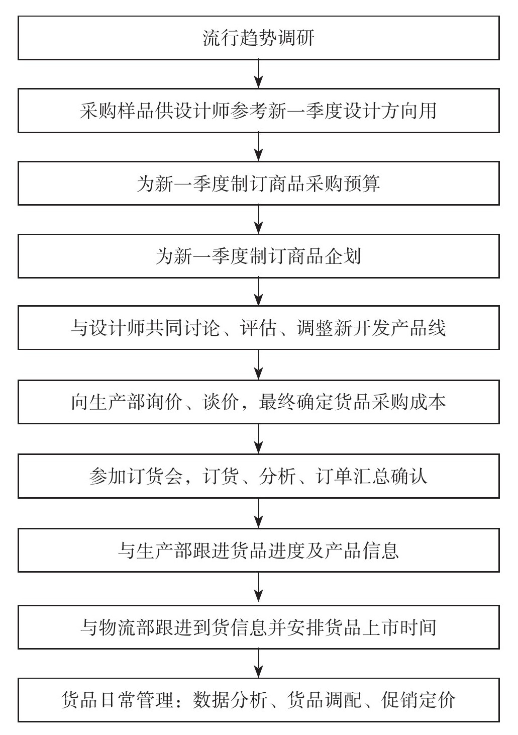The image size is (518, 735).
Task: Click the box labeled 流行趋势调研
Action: coord(259,38)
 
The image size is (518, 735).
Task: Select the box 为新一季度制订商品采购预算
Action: coord(259,183)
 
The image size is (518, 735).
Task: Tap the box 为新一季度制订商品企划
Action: coord(259,256)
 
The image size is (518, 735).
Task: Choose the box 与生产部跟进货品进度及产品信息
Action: coord(259,550)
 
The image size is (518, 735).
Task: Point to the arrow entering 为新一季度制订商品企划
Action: coord(259,219)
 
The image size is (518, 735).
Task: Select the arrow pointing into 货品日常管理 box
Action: coord(259,664)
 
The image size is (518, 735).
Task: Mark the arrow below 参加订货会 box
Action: coord(259,513)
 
